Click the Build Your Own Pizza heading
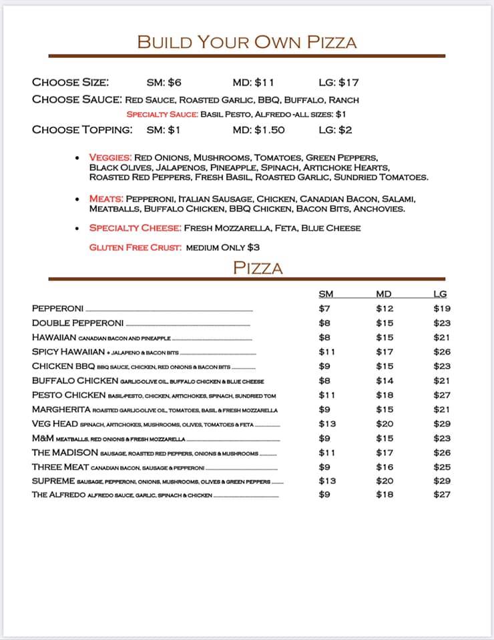247,42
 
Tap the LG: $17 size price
338,83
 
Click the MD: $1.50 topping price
258,130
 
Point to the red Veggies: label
110,157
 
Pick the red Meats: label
106,199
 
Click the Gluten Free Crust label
136,247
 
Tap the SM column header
326,294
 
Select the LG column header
440,294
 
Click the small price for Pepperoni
324,309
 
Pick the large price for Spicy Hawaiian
442,352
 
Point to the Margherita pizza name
61,409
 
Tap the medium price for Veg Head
385,423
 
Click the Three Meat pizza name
60,467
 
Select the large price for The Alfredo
442,494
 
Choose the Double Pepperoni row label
77,323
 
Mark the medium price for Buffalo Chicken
385,381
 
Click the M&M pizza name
42,438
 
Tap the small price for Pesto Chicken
326,395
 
